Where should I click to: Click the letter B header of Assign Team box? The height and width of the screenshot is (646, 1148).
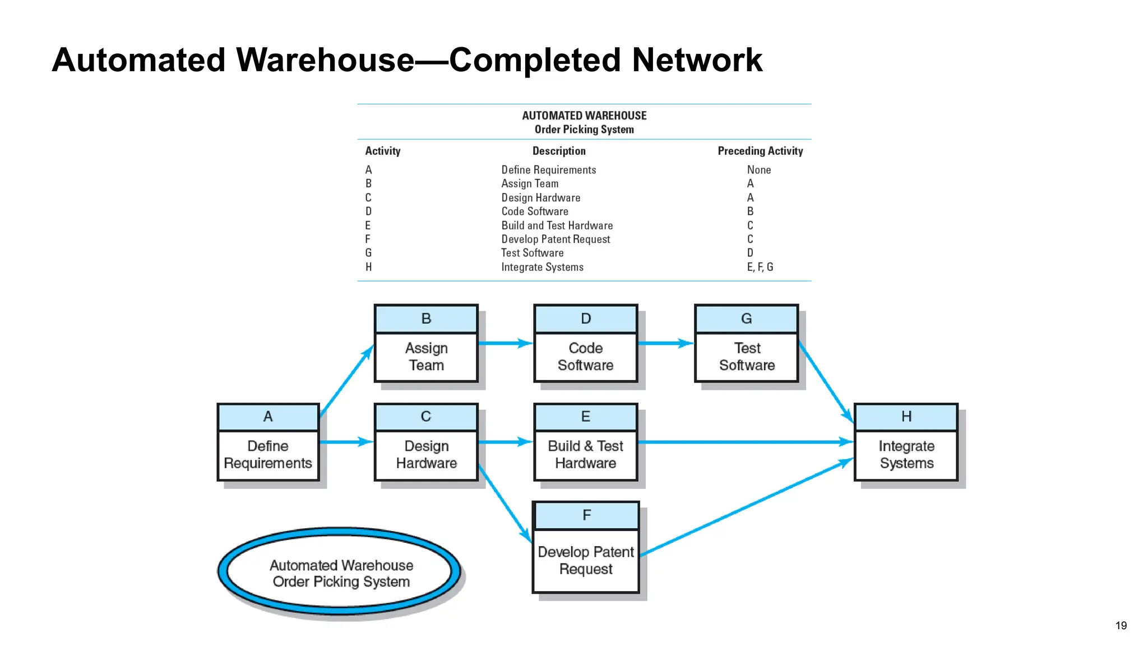426,319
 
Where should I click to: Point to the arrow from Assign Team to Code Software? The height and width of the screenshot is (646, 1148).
504,343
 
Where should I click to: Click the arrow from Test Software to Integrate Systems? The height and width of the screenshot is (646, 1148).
825,381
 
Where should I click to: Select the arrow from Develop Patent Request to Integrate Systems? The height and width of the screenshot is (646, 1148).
746,507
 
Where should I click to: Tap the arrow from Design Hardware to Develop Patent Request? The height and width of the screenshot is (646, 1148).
504,502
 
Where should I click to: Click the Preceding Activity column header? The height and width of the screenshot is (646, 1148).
760,151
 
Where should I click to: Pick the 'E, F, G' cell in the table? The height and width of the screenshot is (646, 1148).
760,267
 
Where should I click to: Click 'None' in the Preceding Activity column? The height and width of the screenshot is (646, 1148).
758,170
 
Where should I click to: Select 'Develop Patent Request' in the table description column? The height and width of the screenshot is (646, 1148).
556,239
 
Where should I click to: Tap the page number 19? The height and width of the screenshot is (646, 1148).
1121,625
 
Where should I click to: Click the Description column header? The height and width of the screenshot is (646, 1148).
559,151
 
